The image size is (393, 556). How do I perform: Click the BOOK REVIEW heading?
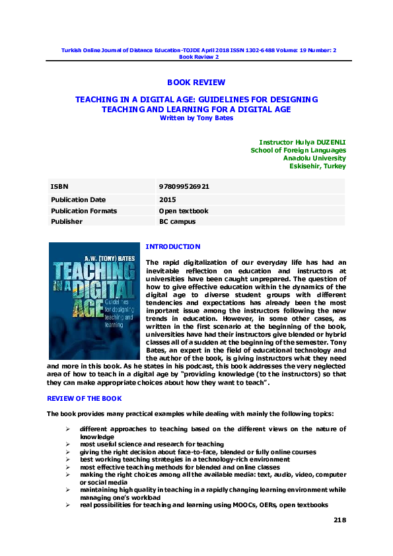[196, 83]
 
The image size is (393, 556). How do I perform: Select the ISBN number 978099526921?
[184, 187]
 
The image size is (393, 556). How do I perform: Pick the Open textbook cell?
[184, 211]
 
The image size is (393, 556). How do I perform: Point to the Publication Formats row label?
[84, 211]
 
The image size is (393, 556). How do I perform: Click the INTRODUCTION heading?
[172, 246]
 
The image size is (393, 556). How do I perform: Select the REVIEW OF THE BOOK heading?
[84, 400]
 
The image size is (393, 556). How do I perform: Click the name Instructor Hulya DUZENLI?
[303, 142]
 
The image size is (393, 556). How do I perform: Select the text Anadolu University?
[314, 158]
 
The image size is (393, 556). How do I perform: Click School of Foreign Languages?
[299, 150]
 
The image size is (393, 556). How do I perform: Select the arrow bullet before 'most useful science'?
[68, 444]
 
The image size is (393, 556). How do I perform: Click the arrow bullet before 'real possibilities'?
[68, 504]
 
